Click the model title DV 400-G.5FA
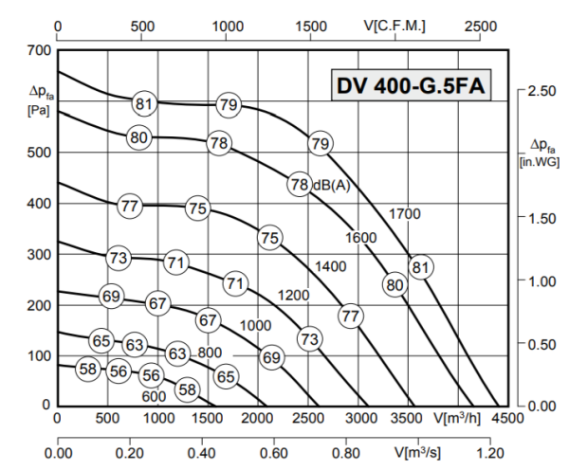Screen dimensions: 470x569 coord(412,85)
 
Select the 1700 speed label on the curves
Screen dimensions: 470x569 coord(404,214)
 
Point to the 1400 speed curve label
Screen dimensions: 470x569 coord(330,266)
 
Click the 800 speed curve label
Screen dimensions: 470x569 coord(210,352)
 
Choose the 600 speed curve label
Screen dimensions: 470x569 coord(154,396)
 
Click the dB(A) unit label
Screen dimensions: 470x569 coord(331,185)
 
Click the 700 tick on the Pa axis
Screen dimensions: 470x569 coord(38,49)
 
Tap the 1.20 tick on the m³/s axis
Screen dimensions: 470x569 coord(488,454)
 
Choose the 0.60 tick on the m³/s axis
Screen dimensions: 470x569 coord(273,454)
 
